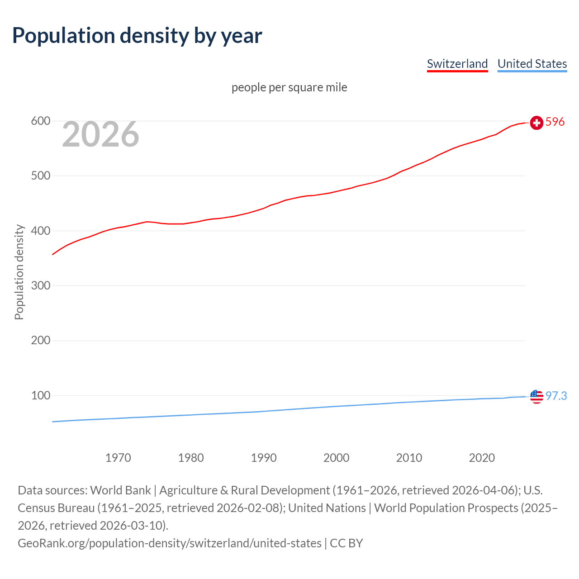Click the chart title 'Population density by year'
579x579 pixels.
click(137, 36)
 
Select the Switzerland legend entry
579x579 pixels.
click(457, 64)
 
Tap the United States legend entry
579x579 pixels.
click(532, 64)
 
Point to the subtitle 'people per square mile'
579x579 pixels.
click(289, 87)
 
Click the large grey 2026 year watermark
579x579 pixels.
click(100, 134)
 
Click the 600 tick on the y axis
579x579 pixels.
click(40, 121)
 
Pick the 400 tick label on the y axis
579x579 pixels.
click(40, 231)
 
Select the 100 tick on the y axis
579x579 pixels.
click(40, 396)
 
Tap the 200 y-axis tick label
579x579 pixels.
click(40, 341)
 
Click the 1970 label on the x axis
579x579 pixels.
click(118, 458)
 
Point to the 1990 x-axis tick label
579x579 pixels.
click(264, 458)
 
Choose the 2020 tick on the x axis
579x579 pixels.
click(482, 458)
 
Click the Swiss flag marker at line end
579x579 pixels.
click(536, 123)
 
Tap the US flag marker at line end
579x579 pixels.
click(536, 397)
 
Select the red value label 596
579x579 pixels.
click(555, 122)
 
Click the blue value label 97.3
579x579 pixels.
click(556, 396)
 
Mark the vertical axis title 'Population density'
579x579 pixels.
click(19, 272)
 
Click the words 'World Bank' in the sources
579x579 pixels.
click(120, 490)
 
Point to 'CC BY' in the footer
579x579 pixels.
click(346, 543)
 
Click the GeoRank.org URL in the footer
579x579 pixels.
click(169, 543)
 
